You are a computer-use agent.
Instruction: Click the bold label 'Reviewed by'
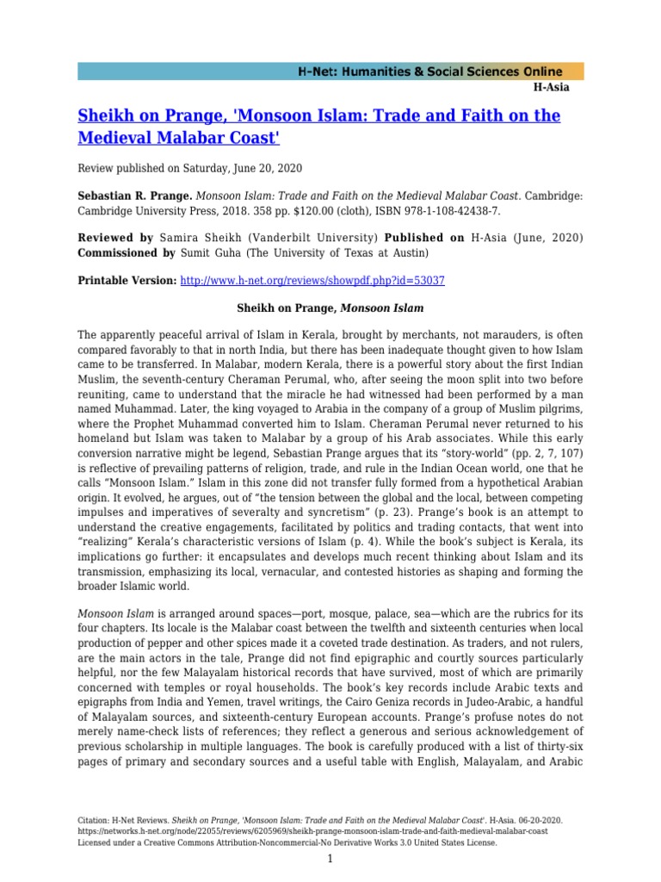(x=115, y=237)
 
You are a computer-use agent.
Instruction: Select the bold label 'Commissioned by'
(x=126, y=253)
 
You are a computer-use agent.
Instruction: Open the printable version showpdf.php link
(x=312, y=281)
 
